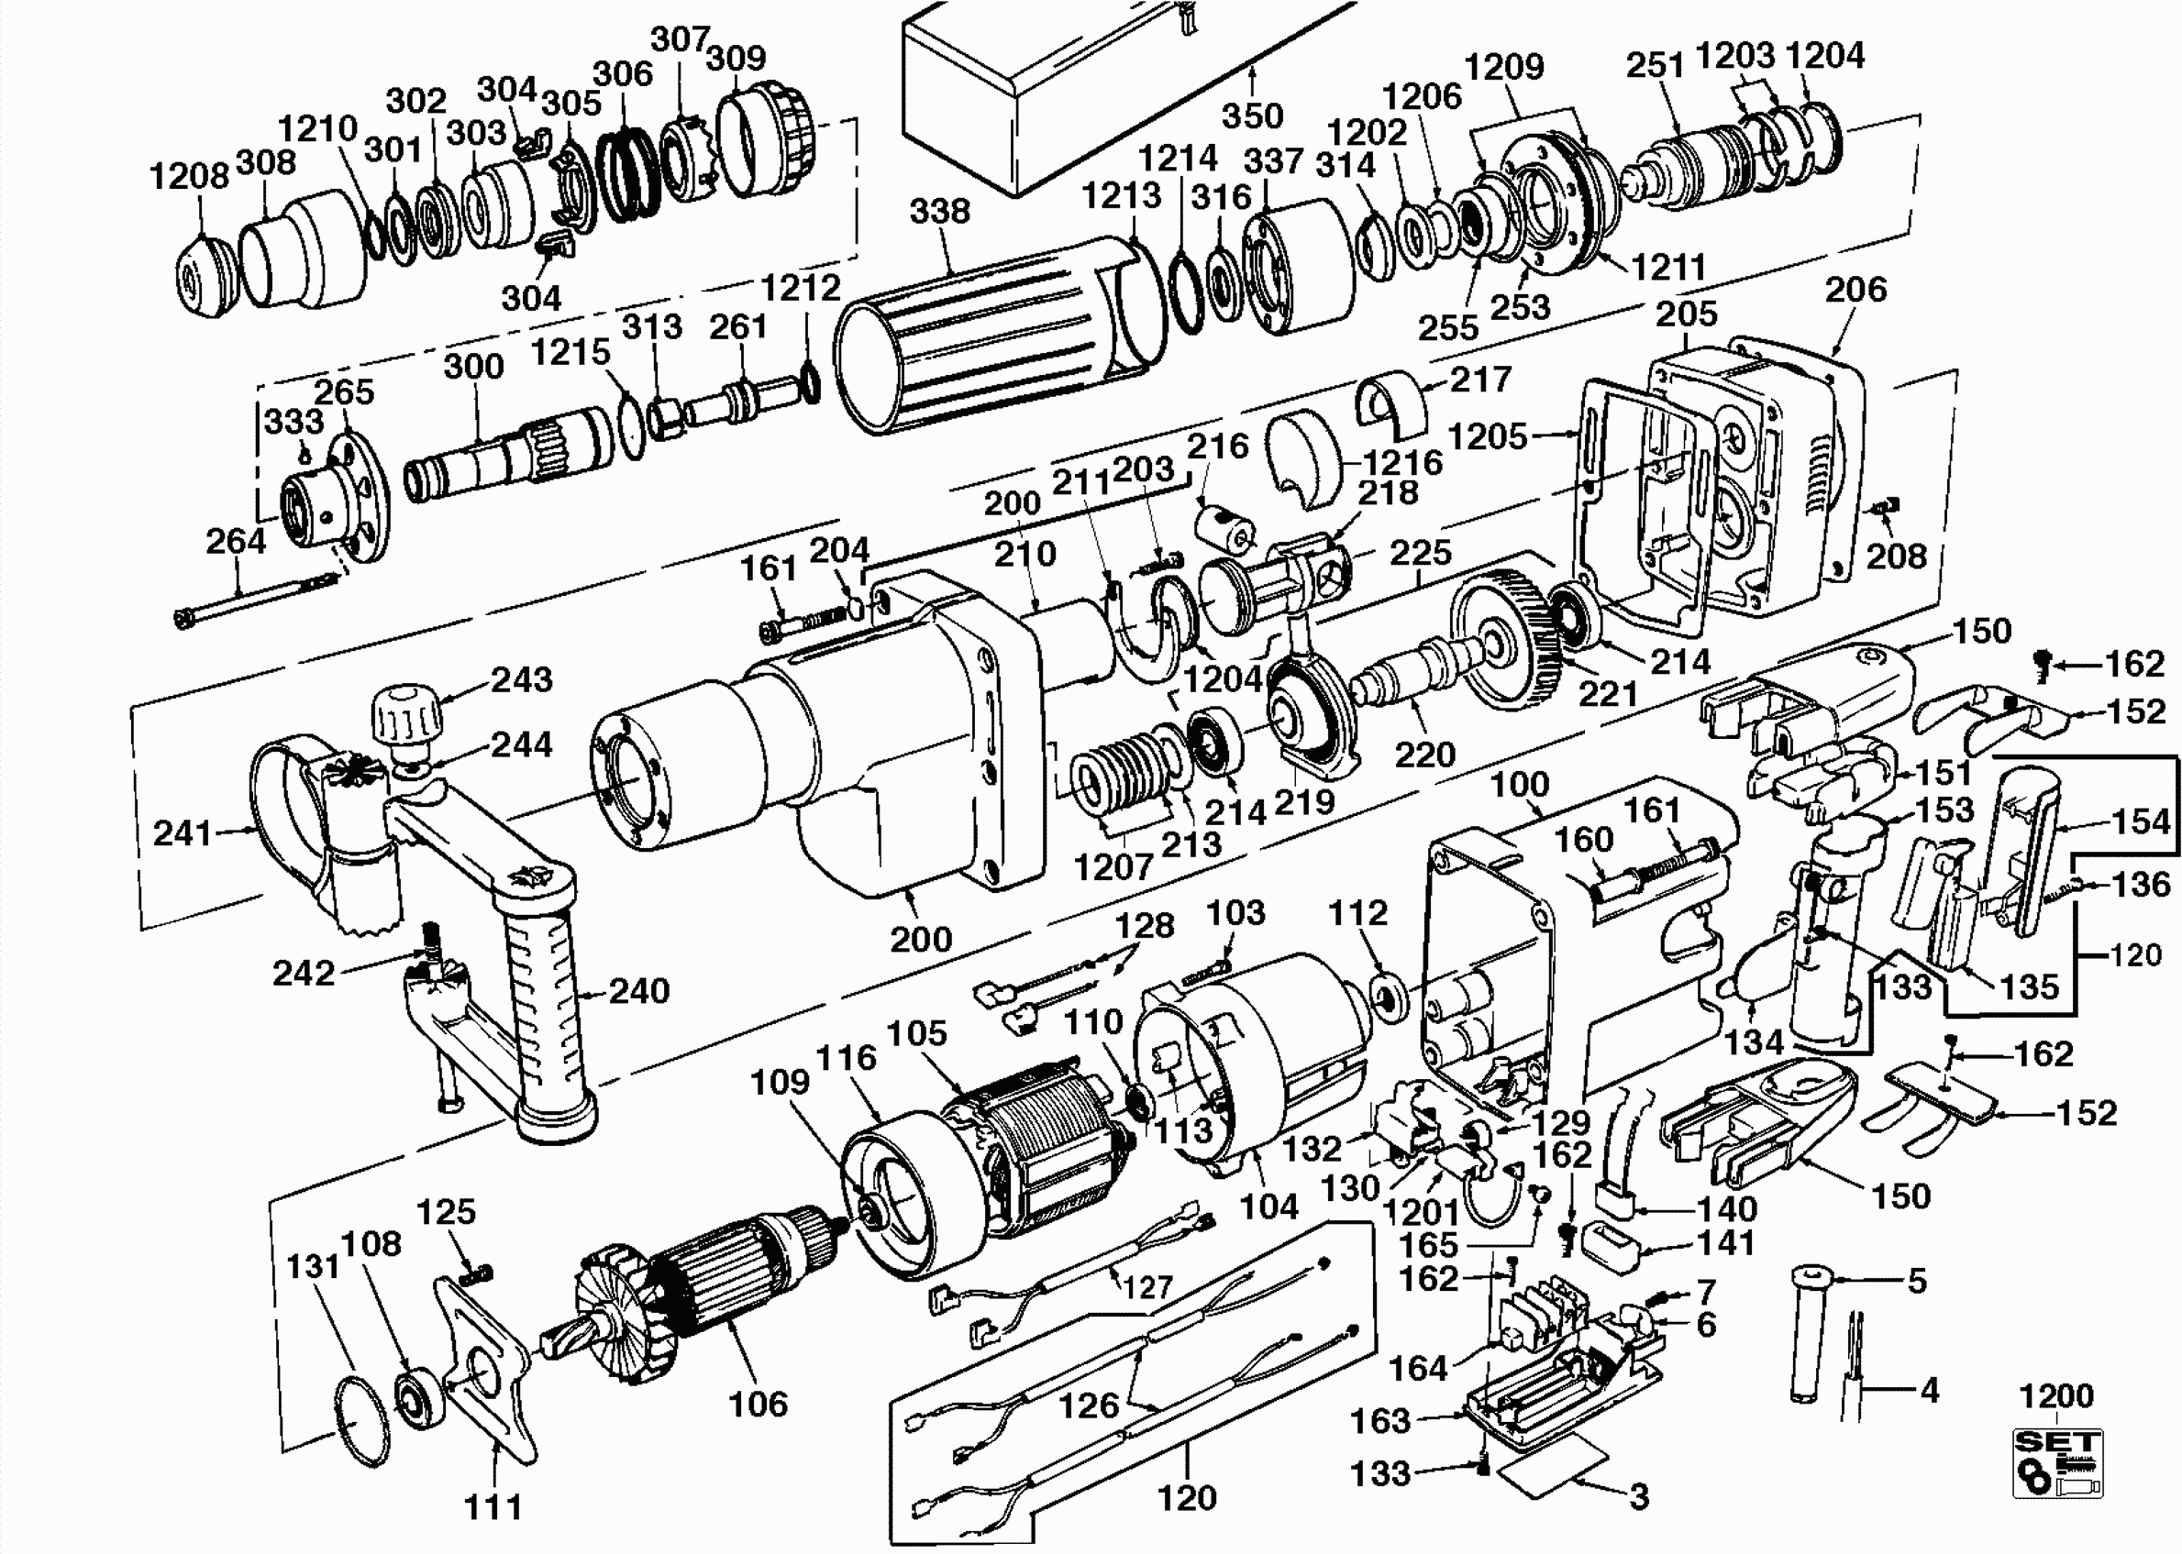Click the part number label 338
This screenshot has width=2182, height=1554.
click(939, 212)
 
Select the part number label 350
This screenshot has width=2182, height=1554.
click(1252, 116)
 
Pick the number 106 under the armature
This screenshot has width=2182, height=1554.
click(757, 1404)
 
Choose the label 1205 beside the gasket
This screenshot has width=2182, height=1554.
click(1486, 436)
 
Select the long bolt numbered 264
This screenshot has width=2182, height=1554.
click(259, 598)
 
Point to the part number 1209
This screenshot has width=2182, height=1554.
click(1503, 66)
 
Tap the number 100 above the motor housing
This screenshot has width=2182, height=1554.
click(1519, 785)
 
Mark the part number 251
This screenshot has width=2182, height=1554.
click(1655, 65)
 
